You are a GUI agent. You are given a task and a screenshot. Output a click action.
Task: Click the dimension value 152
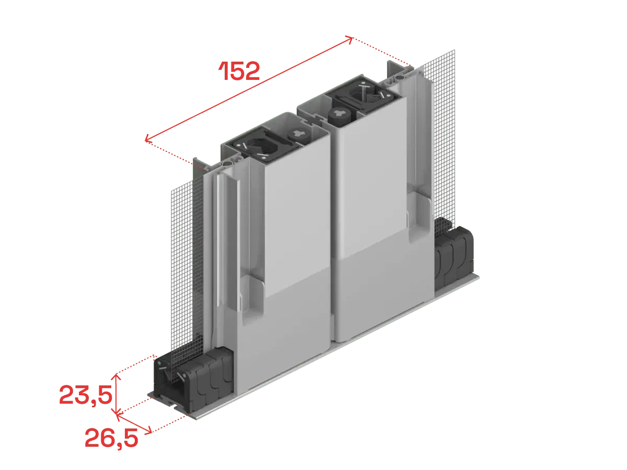239,71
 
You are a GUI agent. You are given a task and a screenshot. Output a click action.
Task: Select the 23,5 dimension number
86,395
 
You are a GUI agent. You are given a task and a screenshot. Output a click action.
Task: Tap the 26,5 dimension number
111,438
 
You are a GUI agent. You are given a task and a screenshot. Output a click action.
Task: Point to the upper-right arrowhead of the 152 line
350,39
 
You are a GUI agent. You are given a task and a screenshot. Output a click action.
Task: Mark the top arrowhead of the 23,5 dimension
116,376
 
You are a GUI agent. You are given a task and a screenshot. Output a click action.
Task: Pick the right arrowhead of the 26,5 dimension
148,431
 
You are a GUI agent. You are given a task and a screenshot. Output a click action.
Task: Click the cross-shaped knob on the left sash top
299,134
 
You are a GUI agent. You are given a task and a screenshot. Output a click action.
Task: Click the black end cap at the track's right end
454,252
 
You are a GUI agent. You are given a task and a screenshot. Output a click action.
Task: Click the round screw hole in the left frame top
227,163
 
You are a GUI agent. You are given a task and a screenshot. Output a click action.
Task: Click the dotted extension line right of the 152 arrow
382,52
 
